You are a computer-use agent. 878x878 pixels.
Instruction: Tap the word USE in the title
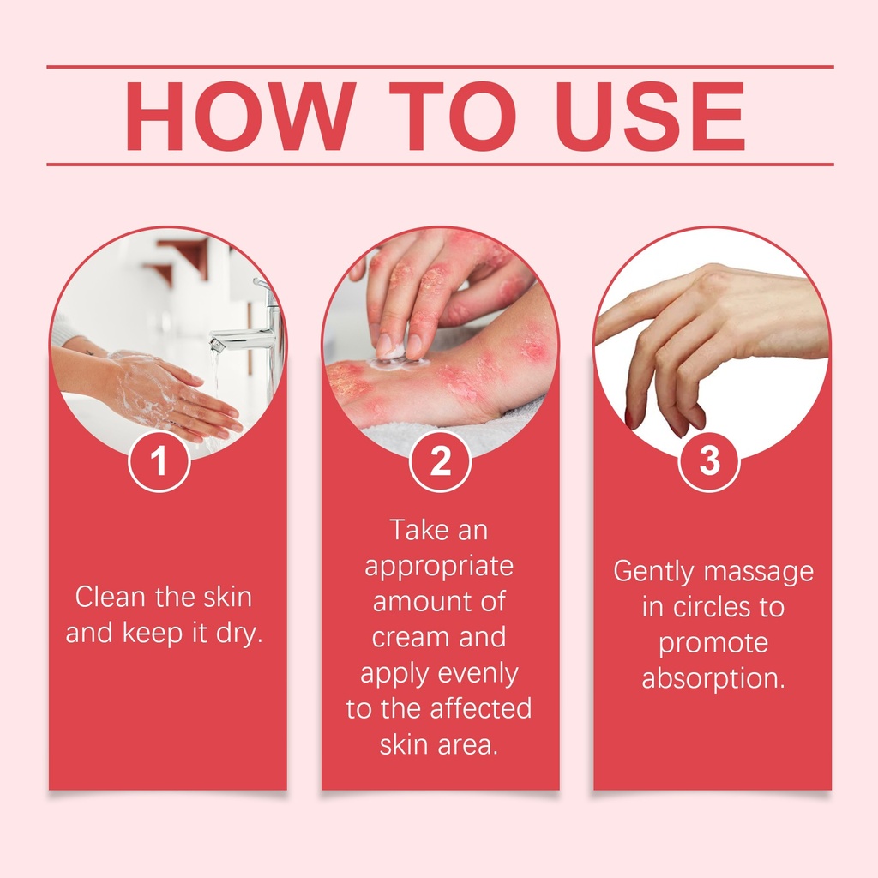[650, 116]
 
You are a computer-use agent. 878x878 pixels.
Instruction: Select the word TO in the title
[453, 116]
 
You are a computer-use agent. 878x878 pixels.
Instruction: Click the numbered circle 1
[159, 460]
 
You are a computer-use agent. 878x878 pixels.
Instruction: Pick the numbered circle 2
[440, 460]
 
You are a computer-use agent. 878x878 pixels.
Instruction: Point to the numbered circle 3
[709, 460]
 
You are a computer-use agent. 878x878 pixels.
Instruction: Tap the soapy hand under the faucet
[173, 394]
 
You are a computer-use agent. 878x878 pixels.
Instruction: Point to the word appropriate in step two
[439, 568]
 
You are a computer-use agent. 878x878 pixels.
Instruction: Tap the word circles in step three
[711, 608]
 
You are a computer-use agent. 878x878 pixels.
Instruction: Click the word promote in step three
[713, 644]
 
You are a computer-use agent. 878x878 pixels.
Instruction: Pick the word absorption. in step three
[713, 679]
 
